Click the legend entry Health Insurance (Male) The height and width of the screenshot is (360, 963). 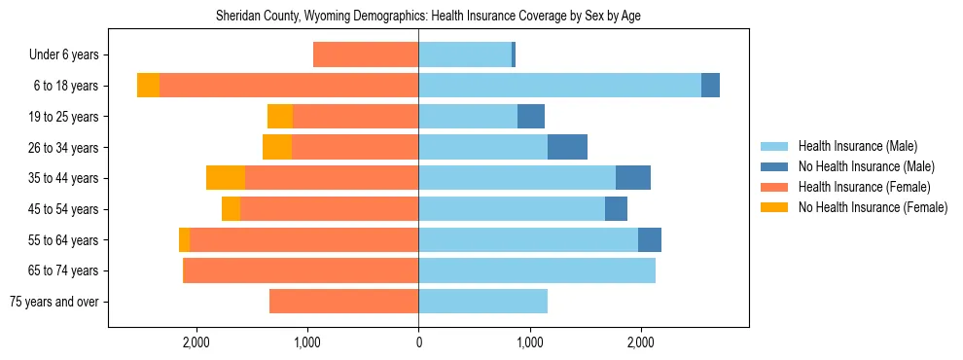pos(857,146)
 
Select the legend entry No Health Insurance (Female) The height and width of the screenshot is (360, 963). pos(873,207)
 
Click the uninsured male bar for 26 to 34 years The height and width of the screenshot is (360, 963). pos(567,147)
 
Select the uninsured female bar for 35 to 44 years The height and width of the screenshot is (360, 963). pos(226,178)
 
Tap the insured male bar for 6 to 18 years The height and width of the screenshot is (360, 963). pos(559,86)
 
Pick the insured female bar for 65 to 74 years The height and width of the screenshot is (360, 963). pos(301,270)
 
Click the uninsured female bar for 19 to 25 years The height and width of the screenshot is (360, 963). pos(280,117)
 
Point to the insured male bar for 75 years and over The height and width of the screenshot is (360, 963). pos(482,302)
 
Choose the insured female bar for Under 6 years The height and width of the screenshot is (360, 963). pos(366,55)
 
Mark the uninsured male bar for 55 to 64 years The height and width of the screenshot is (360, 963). pos(650,239)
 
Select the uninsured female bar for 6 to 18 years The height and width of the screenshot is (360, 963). pos(148,86)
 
